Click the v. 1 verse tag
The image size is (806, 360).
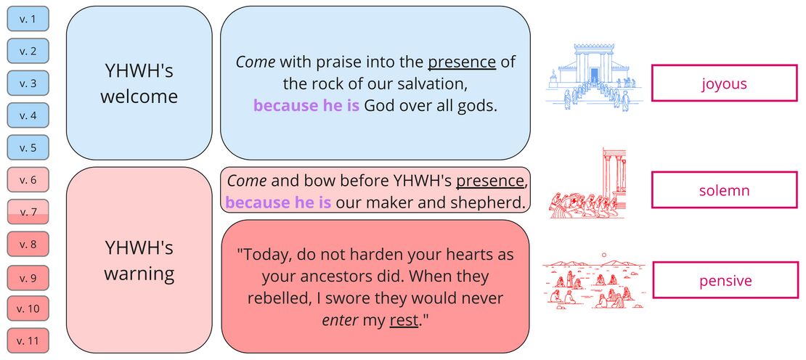(x=28, y=19)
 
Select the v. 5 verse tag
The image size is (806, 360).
(x=28, y=147)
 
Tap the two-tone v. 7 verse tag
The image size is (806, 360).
(x=28, y=212)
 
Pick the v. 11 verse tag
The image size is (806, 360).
(x=28, y=340)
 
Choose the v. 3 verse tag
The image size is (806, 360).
(x=28, y=83)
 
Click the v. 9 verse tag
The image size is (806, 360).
(x=28, y=278)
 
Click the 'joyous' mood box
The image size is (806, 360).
(x=724, y=83)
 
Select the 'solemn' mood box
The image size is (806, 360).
(x=724, y=191)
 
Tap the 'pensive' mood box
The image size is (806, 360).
(x=724, y=281)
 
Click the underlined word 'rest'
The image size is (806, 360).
(x=404, y=320)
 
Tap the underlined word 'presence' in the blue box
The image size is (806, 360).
(x=462, y=62)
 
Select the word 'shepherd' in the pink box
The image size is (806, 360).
(x=488, y=202)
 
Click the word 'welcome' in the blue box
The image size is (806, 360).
(x=139, y=97)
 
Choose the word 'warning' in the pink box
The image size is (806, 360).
(x=139, y=274)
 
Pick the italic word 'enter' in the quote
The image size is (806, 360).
(x=340, y=320)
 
